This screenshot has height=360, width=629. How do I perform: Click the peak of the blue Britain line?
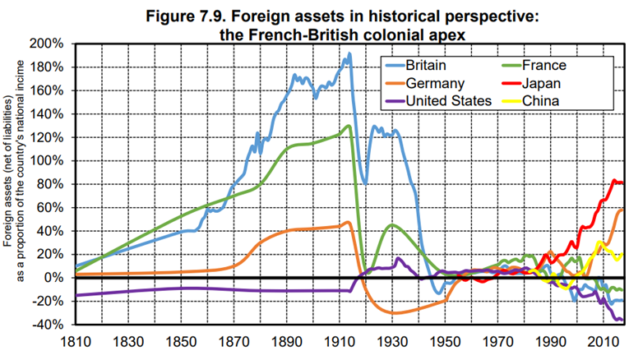[349, 54]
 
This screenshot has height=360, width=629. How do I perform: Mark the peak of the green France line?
[349, 125]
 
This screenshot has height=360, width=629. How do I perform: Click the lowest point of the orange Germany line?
[397, 313]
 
